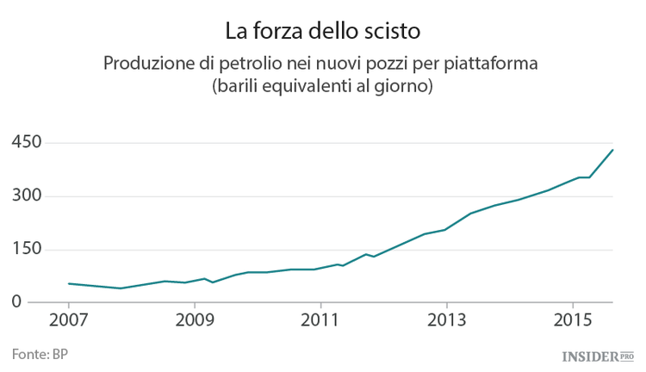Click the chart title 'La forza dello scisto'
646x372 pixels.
click(323, 32)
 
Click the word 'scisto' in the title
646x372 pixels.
click(391, 32)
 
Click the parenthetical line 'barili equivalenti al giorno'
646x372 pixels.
click(323, 88)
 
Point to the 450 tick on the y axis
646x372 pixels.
click(27, 142)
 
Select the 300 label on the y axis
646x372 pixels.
click(27, 195)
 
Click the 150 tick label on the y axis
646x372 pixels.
click(27, 249)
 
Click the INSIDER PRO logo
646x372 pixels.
click(597, 355)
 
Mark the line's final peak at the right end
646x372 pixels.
click(612, 150)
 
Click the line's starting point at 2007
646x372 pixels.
click(69, 283)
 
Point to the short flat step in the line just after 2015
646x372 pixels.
click(583, 177)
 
